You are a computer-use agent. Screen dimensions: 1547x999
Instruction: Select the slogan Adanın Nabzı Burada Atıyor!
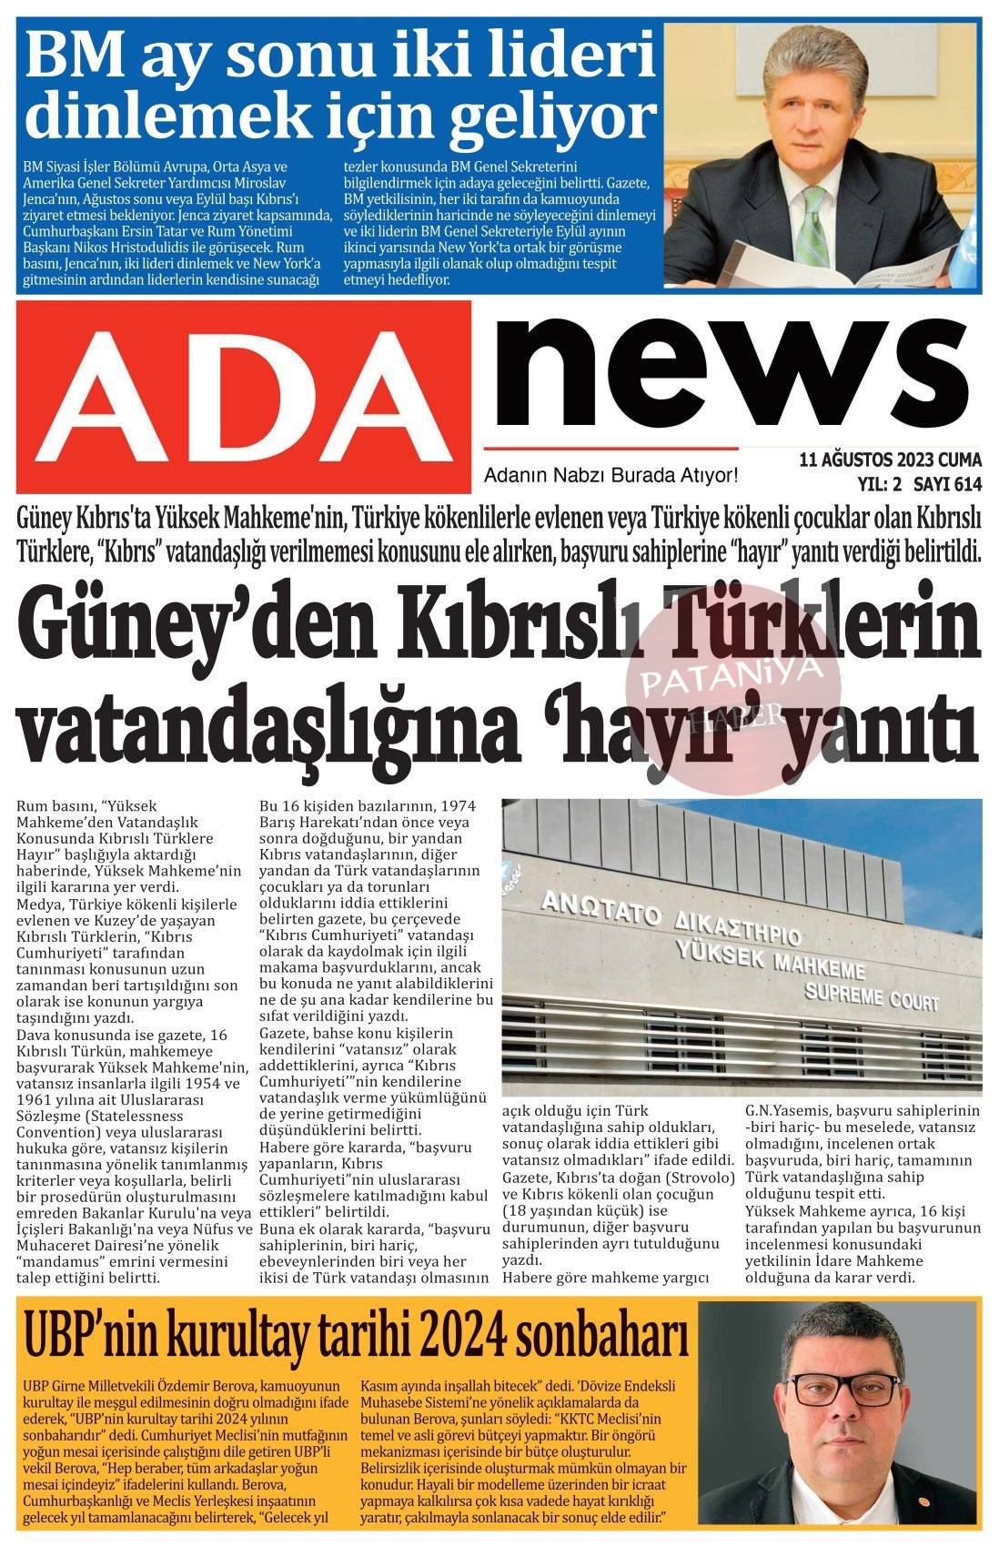(610, 475)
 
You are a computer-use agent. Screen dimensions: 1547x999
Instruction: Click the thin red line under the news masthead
(610, 449)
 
